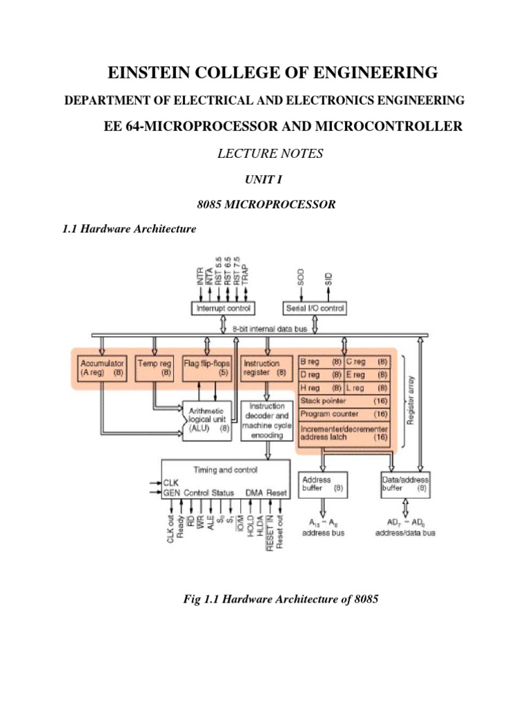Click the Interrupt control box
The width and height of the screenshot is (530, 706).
(x=224, y=307)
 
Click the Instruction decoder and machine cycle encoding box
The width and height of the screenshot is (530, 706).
(x=266, y=421)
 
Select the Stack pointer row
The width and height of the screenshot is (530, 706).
(x=344, y=401)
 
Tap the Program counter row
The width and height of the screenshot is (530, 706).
(x=344, y=414)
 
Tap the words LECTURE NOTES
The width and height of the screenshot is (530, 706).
(x=265, y=154)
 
